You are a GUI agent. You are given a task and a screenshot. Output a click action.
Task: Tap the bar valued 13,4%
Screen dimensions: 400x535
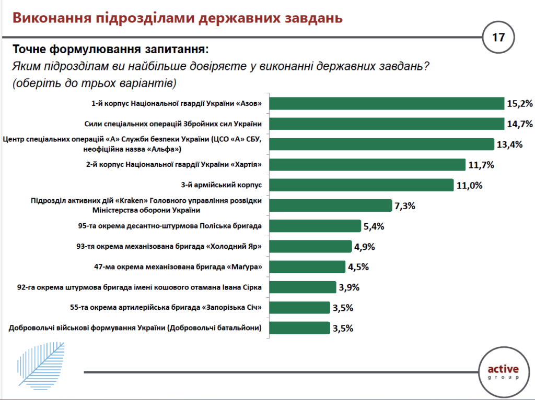click(381, 144)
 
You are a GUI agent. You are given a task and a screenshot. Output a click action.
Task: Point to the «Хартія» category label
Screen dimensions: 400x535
click(173, 165)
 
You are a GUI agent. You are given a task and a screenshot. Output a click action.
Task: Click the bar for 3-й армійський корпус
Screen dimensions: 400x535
click(361, 185)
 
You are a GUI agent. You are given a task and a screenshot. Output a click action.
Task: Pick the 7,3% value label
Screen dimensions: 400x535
click(405, 205)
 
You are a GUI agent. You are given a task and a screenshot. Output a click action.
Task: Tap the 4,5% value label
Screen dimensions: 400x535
click(358, 266)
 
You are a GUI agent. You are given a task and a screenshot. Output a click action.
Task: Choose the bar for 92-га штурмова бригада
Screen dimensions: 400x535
click(302, 287)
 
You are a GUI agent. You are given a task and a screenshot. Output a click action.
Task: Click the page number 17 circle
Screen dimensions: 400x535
click(498, 38)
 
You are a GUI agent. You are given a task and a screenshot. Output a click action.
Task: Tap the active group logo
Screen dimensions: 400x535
click(503, 372)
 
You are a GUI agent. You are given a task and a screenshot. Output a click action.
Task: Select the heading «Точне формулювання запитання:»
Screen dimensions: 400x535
click(110, 50)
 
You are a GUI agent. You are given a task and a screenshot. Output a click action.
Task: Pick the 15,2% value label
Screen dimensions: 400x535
click(519, 103)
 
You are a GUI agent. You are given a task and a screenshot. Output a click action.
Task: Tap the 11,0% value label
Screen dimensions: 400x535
click(469, 185)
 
